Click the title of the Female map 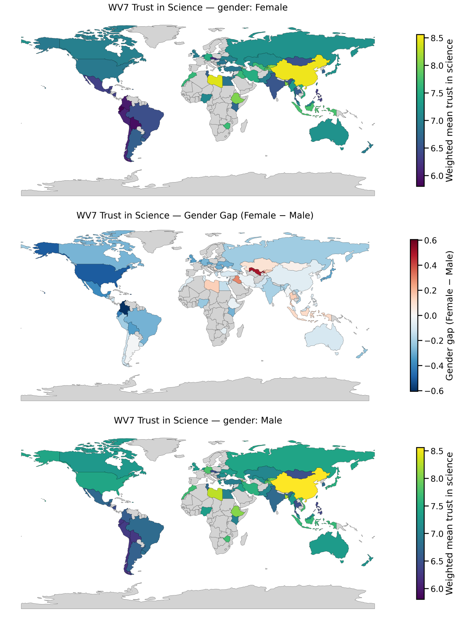tap(198, 8)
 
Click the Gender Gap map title tap(195, 215)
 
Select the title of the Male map tap(198, 420)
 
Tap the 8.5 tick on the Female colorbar tap(437, 38)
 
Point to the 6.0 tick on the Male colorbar tap(437, 589)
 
